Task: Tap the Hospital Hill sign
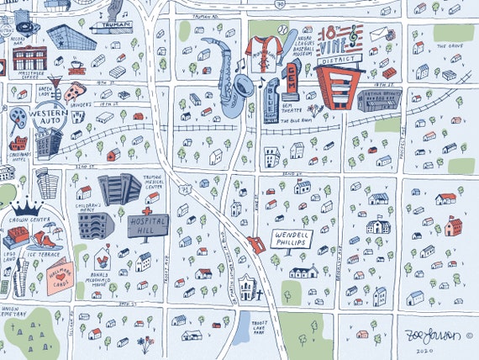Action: (148, 226)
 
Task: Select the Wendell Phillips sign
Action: (292, 239)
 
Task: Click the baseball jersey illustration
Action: (267, 50)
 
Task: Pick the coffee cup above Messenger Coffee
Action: (73, 65)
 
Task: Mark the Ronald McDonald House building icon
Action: (105, 257)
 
